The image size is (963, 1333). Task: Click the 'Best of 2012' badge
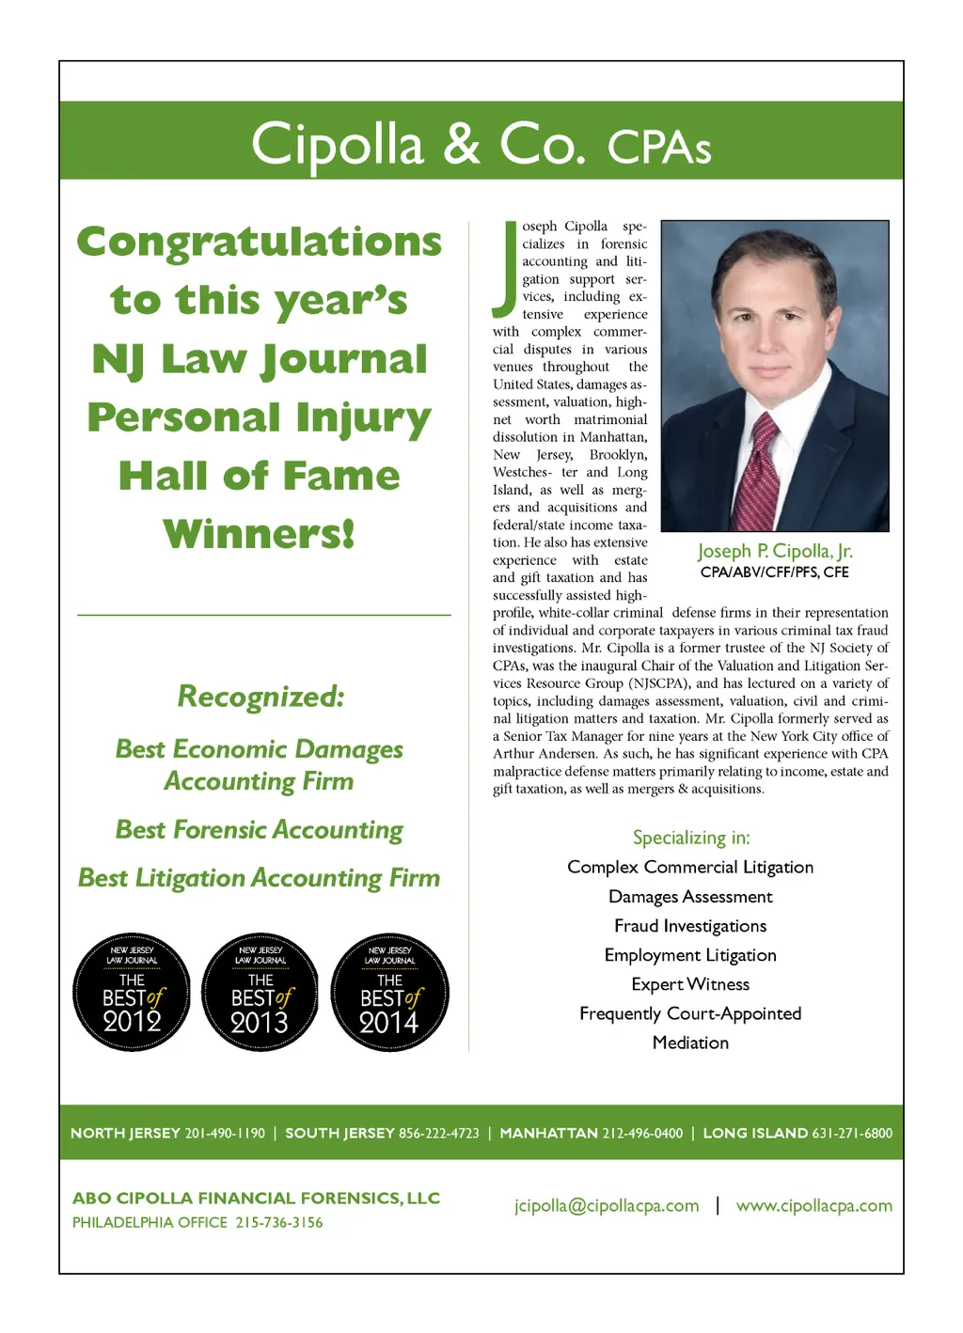[132, 993]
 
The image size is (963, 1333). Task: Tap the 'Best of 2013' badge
[260, 993]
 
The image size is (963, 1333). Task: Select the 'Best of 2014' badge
[389, 993]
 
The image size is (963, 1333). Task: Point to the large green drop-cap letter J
[506, 269]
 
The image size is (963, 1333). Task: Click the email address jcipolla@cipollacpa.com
[607, 1206]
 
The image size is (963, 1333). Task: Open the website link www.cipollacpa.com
[813, 1206]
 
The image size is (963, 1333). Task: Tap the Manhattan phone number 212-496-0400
[642, 1134]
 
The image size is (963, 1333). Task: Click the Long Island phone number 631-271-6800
[852, 1134]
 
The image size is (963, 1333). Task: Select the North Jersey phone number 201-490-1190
[225, 1134]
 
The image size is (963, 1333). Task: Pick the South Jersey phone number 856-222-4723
[438, 1134]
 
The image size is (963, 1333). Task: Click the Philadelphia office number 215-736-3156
[278, 1223]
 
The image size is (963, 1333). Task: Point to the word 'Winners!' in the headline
[260, 534]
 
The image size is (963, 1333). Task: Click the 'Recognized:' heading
[260, 697]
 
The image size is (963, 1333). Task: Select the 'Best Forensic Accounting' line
[260, 830]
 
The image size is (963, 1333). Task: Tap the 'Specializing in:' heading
[691, 838]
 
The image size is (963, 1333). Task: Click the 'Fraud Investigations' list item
[690, 926]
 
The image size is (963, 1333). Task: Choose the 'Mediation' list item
[690, 1043]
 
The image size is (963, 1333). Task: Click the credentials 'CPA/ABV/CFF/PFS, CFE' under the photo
[775, 572]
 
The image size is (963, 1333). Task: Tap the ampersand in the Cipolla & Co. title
[462, 144]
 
